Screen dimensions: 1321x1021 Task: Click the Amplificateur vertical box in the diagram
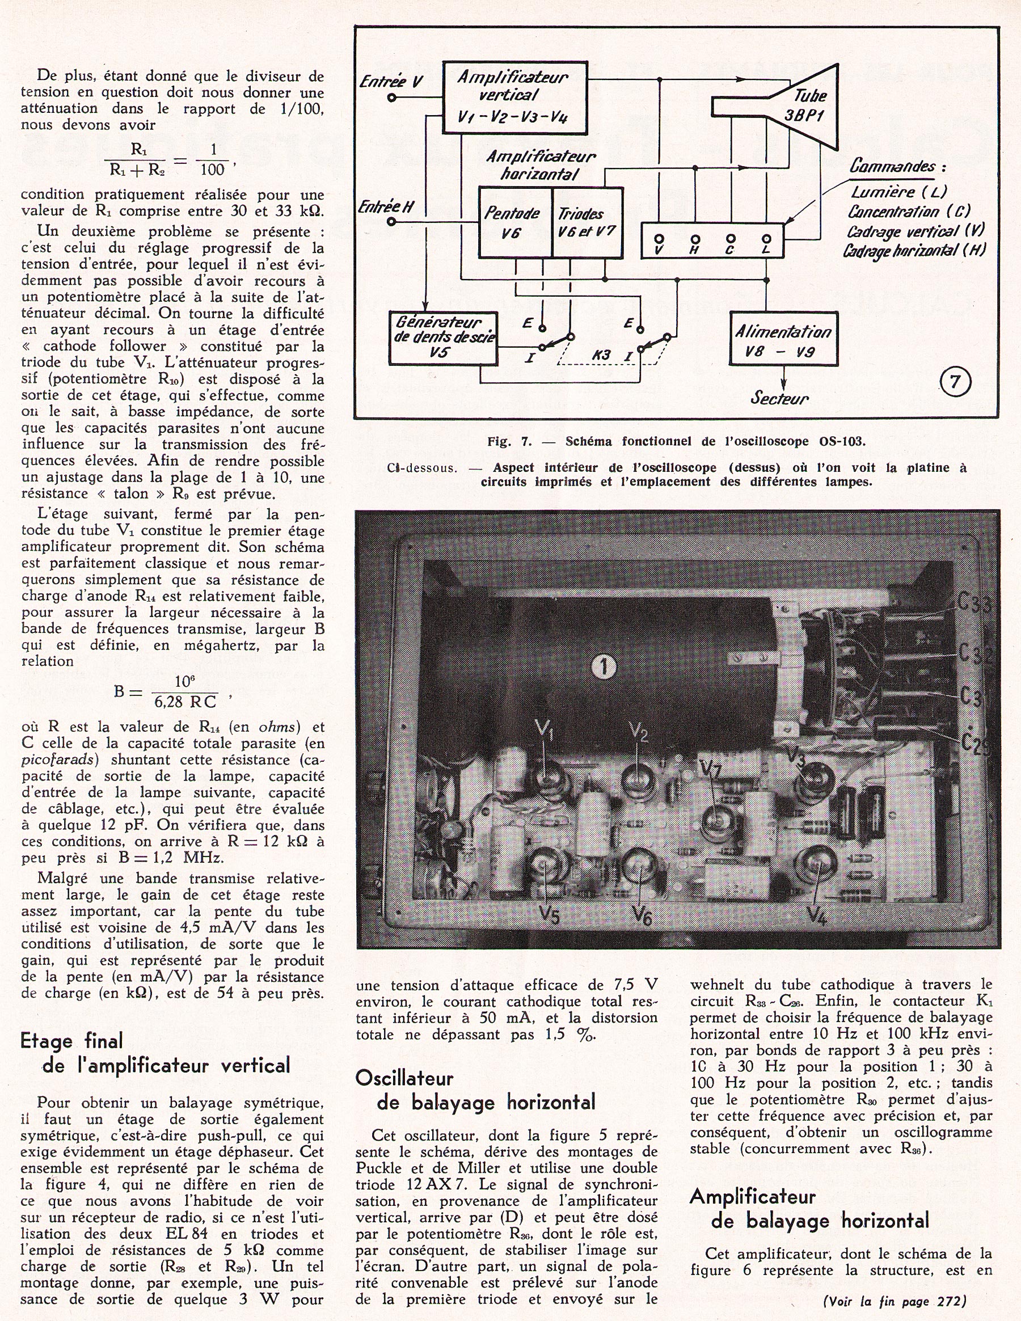[514, 98]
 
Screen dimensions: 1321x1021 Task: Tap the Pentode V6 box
[514, 222]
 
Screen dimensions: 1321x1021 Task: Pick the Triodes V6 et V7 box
[587, 222]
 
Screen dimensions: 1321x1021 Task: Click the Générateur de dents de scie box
[443, 337]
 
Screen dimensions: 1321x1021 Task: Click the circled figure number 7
[955, 382]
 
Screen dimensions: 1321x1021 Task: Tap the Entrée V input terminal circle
[392, 98]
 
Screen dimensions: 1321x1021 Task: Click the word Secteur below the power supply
[780, 399]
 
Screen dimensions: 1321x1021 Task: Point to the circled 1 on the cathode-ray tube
[604, 667]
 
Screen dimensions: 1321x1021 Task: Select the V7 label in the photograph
[711, 768]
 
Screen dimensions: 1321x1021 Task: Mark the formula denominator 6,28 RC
[184, 702]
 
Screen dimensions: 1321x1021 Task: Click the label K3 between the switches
[601, 354]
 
